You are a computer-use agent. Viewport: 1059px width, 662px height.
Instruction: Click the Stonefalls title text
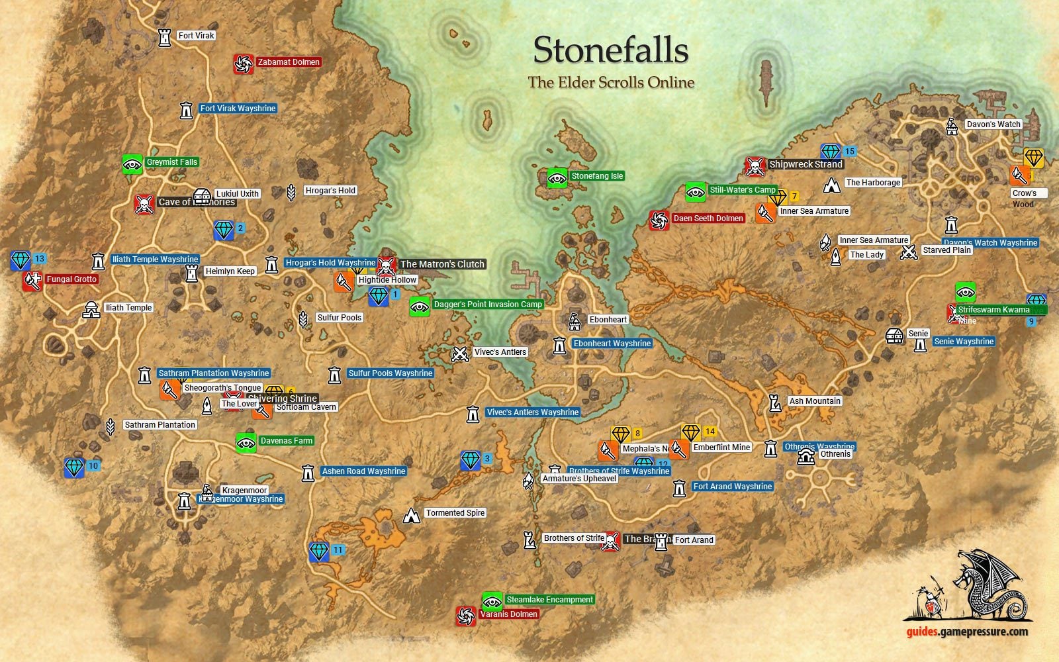click(610, 50)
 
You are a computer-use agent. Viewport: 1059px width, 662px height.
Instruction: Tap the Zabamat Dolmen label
click(289, 62)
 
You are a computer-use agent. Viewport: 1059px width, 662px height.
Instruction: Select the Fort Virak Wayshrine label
click(238, 109)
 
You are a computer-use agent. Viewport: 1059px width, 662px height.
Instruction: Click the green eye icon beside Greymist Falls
click(132, 164)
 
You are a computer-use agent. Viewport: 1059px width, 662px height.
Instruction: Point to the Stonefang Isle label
click(597, 176)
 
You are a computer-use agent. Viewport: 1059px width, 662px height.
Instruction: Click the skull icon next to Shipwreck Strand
click(755, 166)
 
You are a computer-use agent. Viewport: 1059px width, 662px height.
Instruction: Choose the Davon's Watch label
click(993, 124)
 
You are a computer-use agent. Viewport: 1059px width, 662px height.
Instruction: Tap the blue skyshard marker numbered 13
click(21, 260)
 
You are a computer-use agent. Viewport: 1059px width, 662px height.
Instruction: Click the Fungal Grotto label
click(71, 279)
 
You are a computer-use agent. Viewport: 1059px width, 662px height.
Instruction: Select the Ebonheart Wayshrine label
click(612, 344)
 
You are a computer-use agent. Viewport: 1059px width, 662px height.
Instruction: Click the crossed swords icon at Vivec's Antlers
click(460, 354)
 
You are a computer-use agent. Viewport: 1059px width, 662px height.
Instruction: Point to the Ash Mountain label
click(814, 401)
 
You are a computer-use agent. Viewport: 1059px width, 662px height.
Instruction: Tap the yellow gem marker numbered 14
click(691, 433)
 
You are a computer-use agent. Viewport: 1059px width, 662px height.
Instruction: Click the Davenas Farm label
click(286, 441)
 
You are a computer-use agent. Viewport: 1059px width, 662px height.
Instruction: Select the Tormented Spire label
click(455, 513)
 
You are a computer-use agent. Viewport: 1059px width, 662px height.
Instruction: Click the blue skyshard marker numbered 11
click(319, 551)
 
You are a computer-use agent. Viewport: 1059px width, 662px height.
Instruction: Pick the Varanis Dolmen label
click(508, 614)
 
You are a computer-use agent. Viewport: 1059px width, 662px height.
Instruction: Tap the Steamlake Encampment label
click(549, 600)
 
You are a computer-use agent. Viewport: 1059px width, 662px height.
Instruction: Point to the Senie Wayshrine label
click(964, 342)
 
